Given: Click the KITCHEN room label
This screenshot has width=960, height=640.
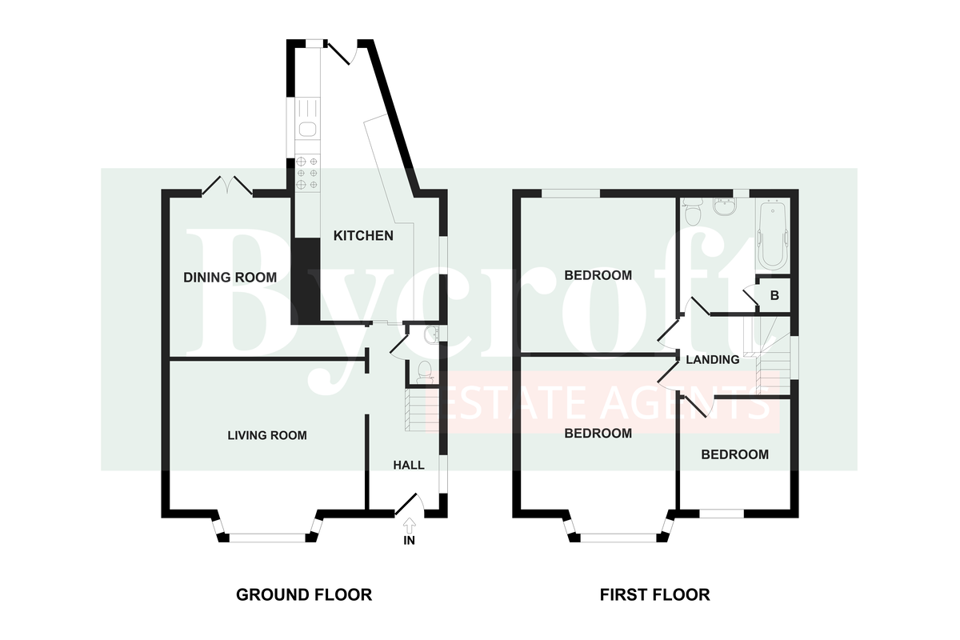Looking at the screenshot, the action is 363,235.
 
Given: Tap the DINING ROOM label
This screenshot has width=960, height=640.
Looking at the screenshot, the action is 230,278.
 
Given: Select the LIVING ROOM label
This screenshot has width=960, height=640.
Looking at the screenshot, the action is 267,435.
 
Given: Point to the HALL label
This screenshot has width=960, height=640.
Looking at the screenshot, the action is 409,465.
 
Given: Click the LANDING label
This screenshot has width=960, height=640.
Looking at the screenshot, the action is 713,360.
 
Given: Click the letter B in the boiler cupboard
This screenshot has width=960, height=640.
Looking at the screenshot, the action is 774,295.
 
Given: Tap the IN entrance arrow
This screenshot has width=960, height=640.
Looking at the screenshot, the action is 410,524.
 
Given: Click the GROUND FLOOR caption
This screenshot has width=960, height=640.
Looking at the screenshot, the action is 304,595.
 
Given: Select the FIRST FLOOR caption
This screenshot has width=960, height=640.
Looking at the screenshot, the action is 654,595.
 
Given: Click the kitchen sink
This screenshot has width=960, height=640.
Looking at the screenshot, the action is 307,129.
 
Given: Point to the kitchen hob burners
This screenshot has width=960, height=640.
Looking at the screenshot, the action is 307,173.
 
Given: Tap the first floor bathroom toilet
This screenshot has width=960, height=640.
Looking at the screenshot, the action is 692,211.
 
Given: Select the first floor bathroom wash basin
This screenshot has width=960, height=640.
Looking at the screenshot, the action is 724,206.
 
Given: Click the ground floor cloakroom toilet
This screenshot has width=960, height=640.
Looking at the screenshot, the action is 424,371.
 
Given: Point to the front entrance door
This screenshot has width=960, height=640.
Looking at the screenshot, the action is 409,504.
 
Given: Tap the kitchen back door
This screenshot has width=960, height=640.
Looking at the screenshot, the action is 340,52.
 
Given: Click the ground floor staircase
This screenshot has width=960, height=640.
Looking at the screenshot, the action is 422,410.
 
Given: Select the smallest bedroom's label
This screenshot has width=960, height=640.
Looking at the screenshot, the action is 735,454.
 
